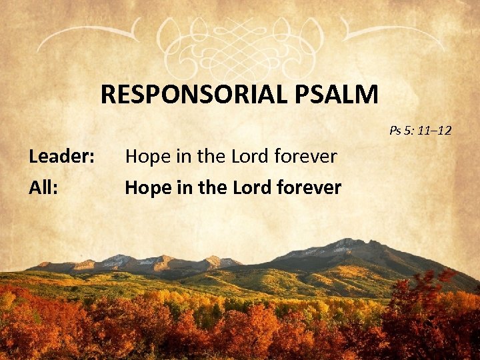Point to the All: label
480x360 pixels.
(43, 188)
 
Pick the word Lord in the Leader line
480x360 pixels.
(245, 157)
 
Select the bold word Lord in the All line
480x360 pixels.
(247, 188)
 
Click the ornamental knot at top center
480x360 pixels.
(241, 37)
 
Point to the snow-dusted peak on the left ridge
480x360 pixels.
(119, 259)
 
